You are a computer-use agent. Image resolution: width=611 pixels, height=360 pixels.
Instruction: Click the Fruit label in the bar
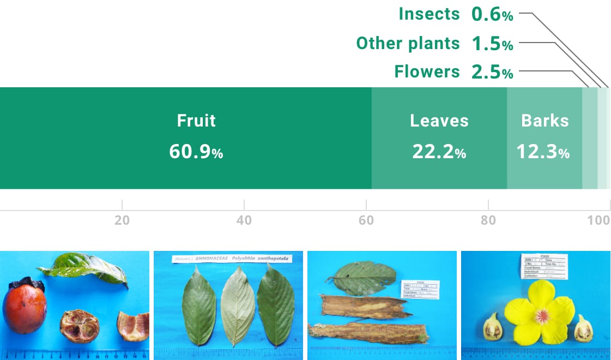click(x=196, y=121)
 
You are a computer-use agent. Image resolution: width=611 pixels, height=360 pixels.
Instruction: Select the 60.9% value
click(x=196, y=152)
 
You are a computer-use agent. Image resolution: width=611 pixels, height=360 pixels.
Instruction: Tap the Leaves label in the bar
click(x=439, y=121)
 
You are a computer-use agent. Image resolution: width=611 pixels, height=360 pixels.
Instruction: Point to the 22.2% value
click(x=439, y=152)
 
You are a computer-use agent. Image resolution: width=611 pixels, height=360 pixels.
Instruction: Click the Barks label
click(x=545, y=121)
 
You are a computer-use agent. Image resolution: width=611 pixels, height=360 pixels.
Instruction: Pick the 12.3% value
click(x=543, y=152)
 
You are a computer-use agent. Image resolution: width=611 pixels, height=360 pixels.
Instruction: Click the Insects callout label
click(x=429, y=14)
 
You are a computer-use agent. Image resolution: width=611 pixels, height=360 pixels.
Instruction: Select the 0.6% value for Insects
click(x=492, y=15)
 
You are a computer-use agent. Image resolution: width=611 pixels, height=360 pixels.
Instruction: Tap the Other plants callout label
click(x=408, y=43)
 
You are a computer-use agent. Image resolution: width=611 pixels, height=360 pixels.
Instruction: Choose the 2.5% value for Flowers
click(x=492, y=72)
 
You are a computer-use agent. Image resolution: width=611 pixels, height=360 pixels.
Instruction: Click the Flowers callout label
click(x=427, y=71)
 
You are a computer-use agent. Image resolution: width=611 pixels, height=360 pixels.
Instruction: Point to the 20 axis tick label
click(x=122, y=220)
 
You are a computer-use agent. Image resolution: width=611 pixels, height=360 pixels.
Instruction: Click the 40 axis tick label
click(x=244, y=220)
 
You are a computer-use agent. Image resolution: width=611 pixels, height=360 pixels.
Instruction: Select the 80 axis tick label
click(x=488, y=220)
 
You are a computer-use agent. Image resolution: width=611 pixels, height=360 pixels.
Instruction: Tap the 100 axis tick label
click(x=599, y=220)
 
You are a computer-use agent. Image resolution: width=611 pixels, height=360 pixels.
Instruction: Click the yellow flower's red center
click(x=541, y=315)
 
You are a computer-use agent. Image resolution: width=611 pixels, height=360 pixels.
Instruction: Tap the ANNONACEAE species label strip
click(x=229, y=259)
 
